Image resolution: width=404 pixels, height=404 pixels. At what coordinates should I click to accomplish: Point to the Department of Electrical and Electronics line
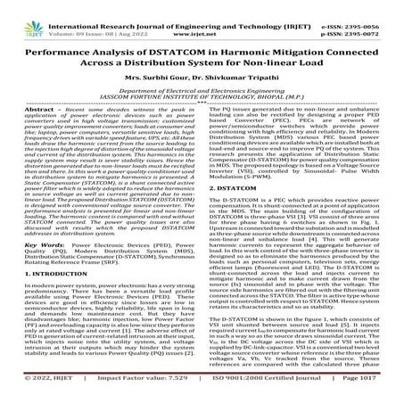202,89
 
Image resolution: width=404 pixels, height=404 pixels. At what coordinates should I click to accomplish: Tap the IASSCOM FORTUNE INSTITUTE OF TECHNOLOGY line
202,96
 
